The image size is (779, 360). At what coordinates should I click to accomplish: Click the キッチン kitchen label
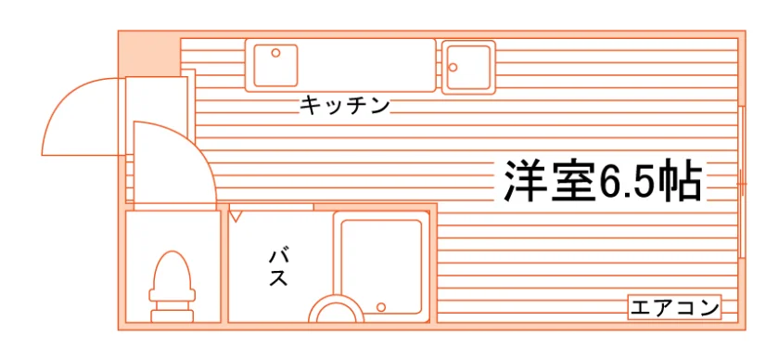(344, 105)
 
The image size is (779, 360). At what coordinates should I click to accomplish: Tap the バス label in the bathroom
(278, 268)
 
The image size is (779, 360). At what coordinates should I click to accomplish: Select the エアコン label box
(675, 308)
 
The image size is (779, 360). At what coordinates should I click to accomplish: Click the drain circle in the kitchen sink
(275, 52)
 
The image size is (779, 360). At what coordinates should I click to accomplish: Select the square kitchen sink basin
(275, 66)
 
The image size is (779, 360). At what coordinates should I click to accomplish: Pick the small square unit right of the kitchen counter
(468, 67)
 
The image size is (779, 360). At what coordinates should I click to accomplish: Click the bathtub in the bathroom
(381, 266)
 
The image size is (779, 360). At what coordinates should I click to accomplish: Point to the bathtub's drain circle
(381, 307)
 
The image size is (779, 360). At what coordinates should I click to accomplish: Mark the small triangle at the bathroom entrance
(236, 216)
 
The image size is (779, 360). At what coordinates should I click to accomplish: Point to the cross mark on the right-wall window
(741, 184)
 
